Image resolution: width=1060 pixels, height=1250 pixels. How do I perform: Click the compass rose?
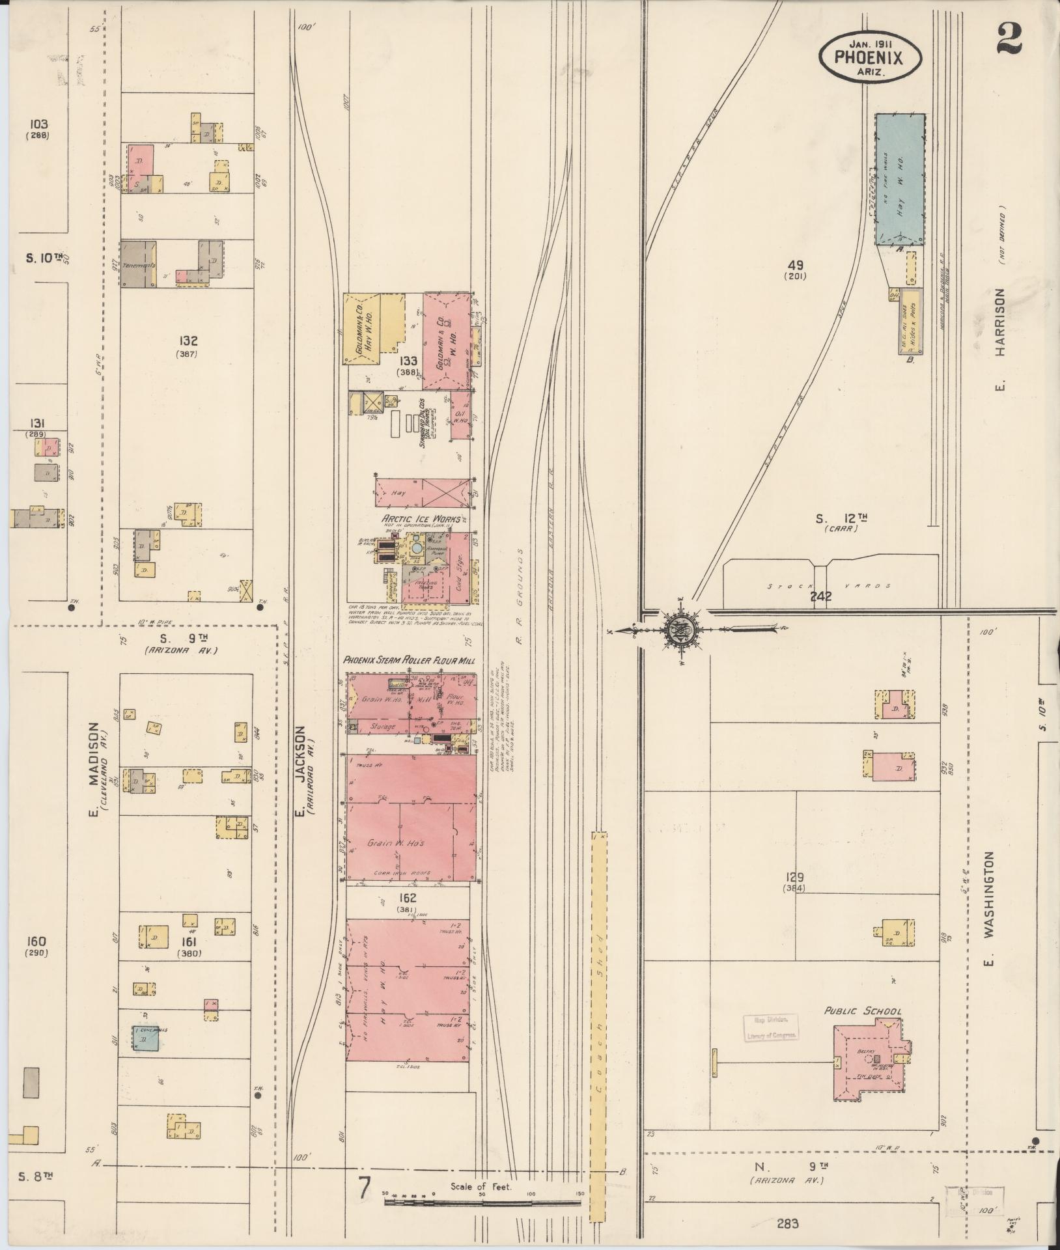pos(680,630)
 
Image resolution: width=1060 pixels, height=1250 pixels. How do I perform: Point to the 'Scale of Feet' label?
pos(481,1186)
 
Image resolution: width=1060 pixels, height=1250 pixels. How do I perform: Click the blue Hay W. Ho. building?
pos(900,180)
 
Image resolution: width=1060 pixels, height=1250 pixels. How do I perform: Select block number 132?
pos(189,340)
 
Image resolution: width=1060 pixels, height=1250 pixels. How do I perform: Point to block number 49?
pos(795,266)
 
